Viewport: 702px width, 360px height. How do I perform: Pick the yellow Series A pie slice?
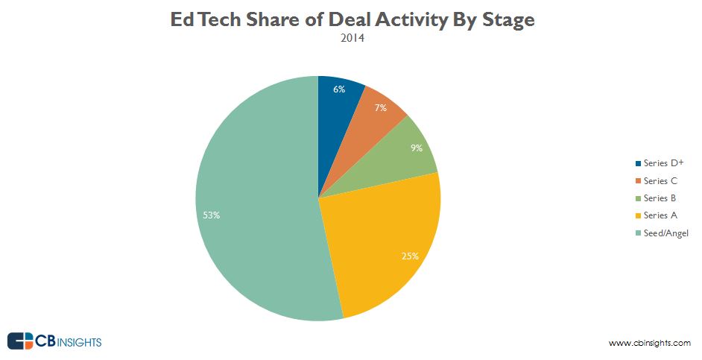(x=380, y=239)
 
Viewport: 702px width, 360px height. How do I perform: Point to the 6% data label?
(x=339, y=89)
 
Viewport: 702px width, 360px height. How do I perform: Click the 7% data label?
(x=380, y=108)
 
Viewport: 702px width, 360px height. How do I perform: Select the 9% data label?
(x=416, y=148)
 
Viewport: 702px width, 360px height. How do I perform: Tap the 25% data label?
(x=411, y=256)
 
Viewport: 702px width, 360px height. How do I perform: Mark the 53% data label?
(x=212, y=215)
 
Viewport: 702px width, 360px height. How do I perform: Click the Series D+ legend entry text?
(x=663, y=163)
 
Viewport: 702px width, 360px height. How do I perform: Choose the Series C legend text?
(x=660, y=181)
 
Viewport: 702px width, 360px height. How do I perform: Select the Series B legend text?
(x=660, y=198)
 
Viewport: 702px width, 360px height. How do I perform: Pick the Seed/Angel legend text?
(x=666, y=233)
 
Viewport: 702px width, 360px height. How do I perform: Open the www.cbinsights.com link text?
(x=650, y=343)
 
